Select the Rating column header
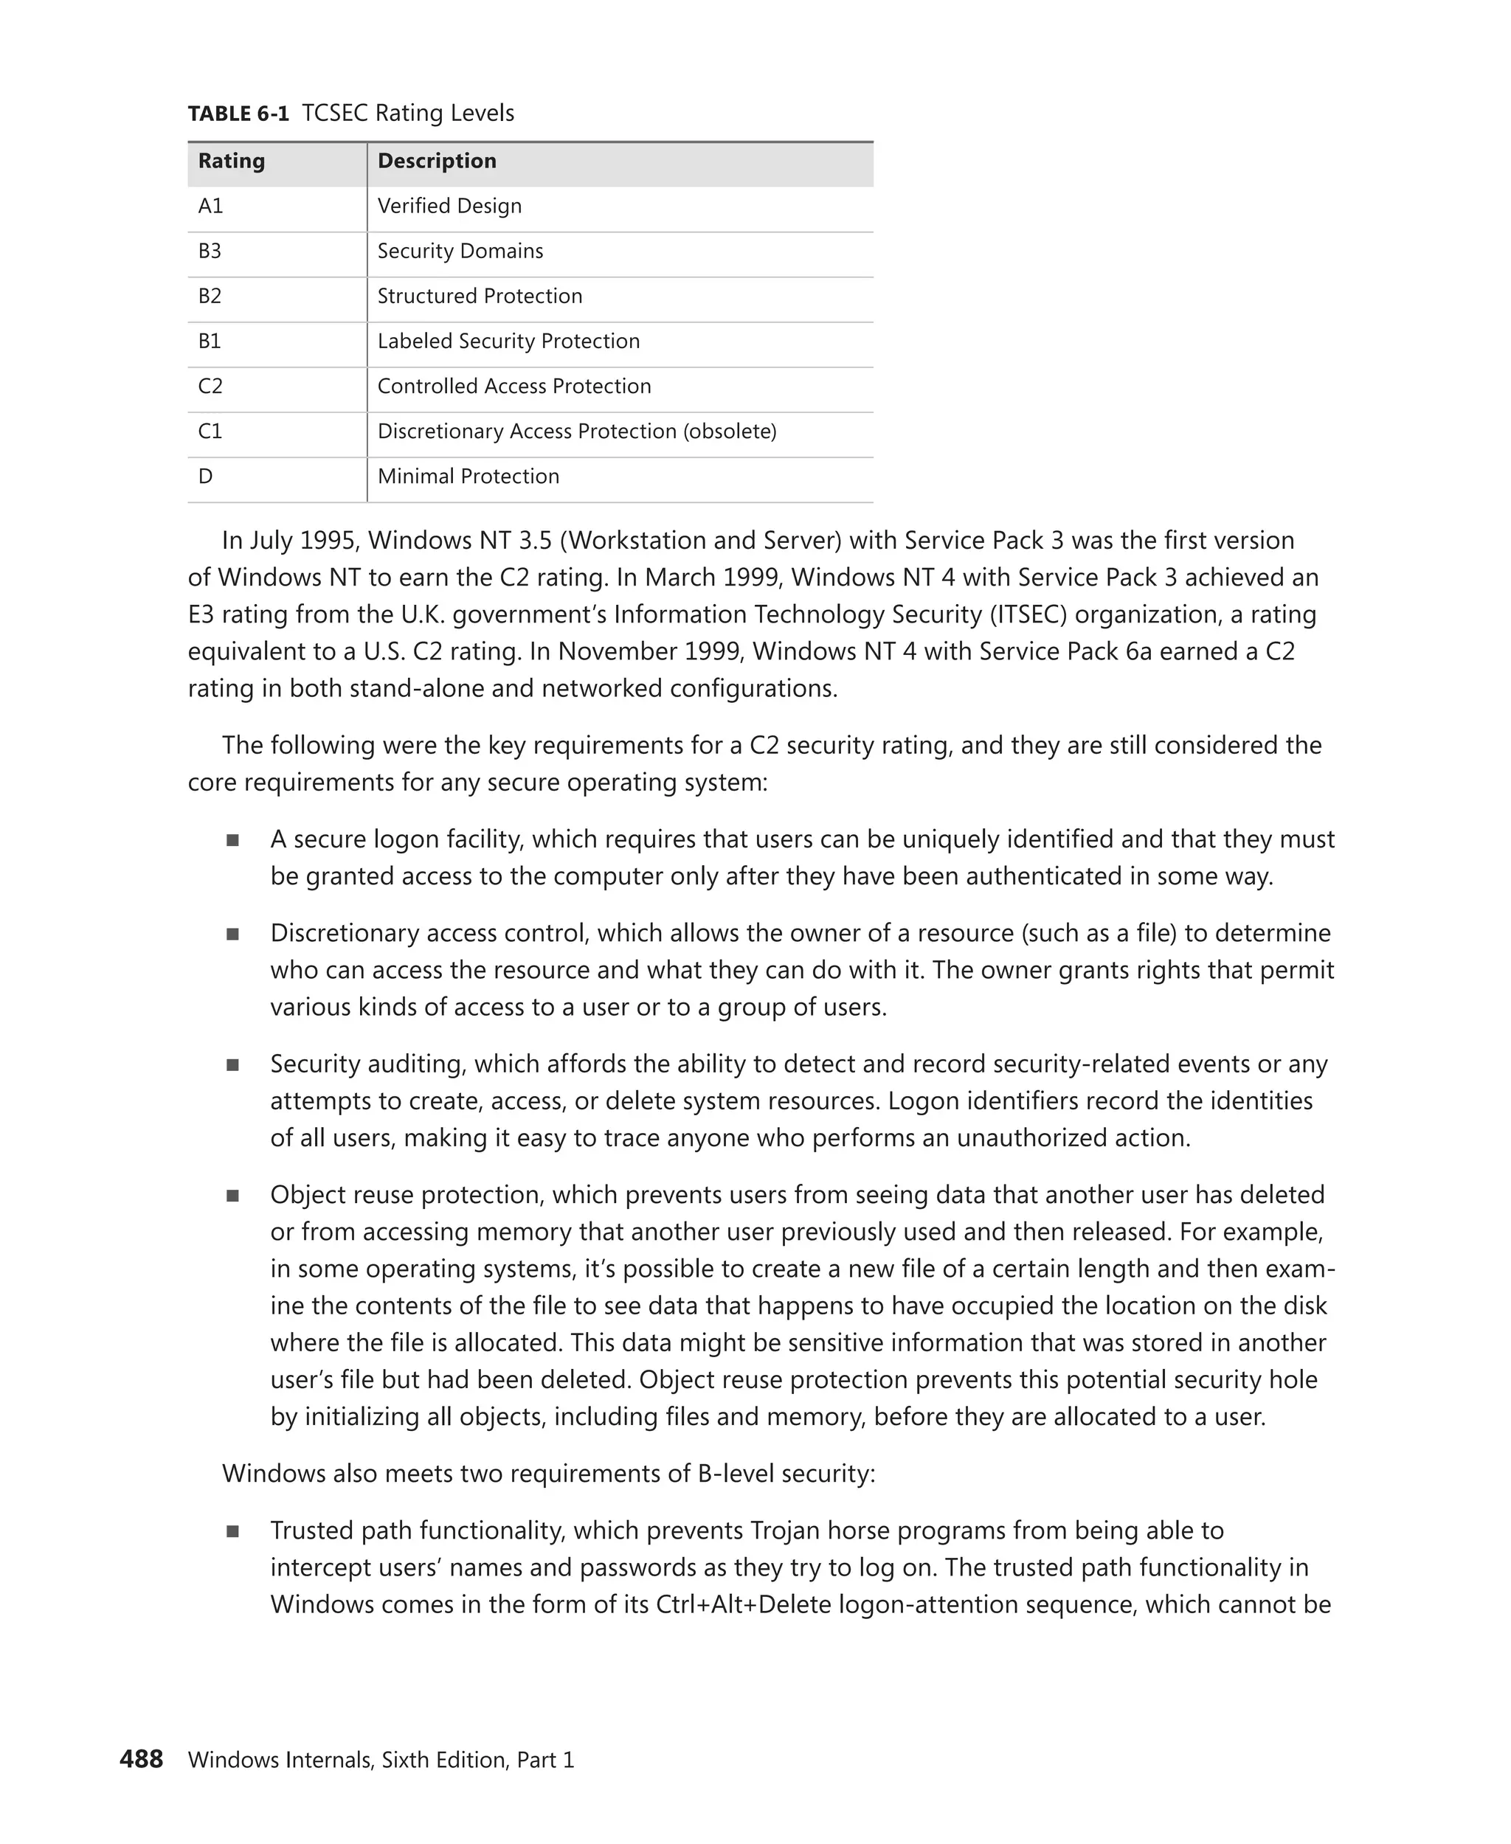coord(232,161)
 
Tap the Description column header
coord(437,161)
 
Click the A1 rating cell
coord(210,207)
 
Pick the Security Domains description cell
coord(460,252)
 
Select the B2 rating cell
coord(210,297)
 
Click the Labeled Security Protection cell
coord(508,341)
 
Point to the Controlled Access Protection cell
coord(514,387)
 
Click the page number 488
coord(141,1760)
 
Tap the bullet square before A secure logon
coord(232,841)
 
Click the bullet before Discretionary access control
coord(232,935)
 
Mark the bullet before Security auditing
coord(232,1065)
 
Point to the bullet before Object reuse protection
coord(232,1196)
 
